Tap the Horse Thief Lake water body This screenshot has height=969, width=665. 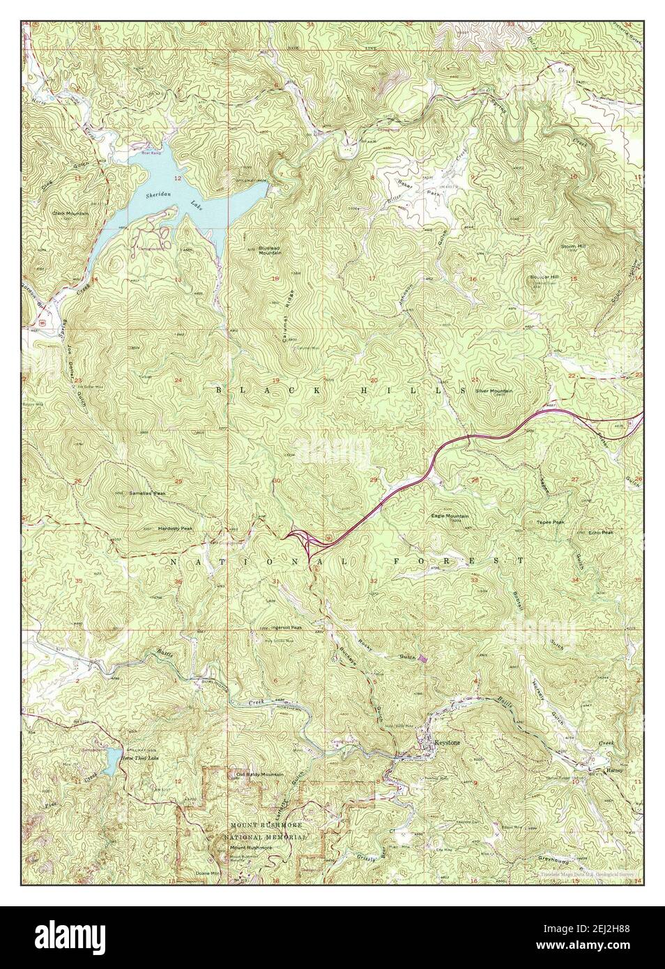[x=112, y=762]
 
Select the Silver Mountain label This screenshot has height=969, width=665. [x=494, y=391]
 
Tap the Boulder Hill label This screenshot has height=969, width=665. [x=544, y=277]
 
